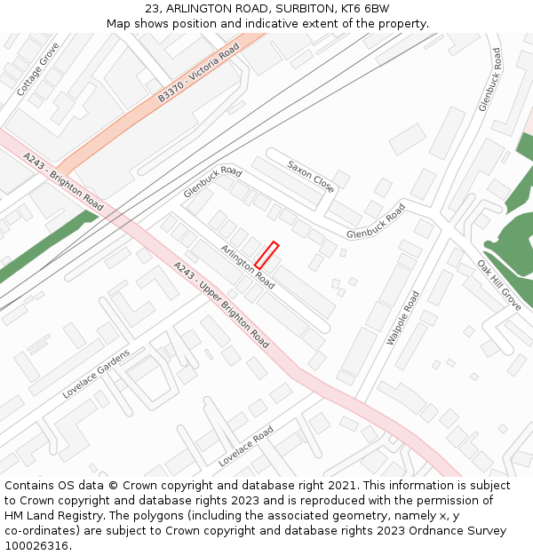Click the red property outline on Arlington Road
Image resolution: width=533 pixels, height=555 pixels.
click(x=267, y=255)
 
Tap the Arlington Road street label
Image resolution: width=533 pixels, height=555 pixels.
click(x=248, y=267)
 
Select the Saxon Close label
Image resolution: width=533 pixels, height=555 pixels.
click(x=310, y=176)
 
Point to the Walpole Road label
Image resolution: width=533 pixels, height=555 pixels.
click(x=402, y=318)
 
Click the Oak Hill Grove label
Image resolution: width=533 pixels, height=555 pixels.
click(x=498, y=284)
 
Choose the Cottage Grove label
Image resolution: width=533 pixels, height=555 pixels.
click(x=37, y=69)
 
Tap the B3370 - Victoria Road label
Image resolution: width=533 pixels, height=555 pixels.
click(x=199, y=75)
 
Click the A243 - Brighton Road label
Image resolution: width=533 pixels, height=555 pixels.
click(x=63, y=182)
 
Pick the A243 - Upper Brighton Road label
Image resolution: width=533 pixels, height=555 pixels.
click(x=221, y=304)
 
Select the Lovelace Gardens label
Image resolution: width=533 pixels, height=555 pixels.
click(x=96, y=373)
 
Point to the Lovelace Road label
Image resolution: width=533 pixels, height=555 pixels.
click(x=246, y=447)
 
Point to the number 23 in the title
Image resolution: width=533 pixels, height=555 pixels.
click(x=153, y=9)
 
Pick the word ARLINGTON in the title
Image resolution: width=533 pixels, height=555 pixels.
click(x=195, y=9)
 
